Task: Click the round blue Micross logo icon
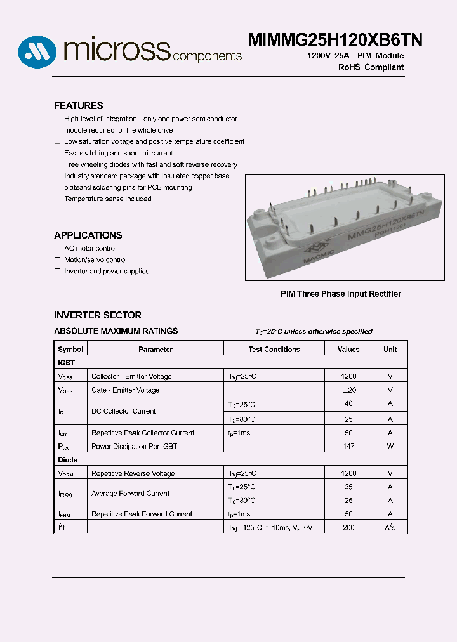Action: (x=37, y=51)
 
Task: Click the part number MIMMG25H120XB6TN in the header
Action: (x=334, y=40)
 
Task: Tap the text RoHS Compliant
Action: (x=371, y=67)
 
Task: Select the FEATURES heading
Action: (x=78, y=106)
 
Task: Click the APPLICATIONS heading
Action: (x=88, y=235)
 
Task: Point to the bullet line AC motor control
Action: (x=90, y=248)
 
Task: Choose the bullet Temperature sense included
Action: (x=107, y=199)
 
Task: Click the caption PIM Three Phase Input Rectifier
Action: (x=341, y=294)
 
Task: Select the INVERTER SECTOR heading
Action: (x=97, y=315)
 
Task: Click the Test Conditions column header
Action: (x=274, y=350)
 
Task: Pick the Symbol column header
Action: (x=70, y=350)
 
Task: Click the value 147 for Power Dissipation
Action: (x=348, y=446)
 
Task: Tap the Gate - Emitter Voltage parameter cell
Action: (x=125, y=390)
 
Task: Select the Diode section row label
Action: (x=67, y=460)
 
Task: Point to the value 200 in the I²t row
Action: (x=348, y=528)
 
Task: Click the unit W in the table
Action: (x=390, y=446)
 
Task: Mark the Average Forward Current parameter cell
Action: (x=130, y=494)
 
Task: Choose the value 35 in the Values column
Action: (x=348, y=487)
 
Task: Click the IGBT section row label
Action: (x=66, y=363)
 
